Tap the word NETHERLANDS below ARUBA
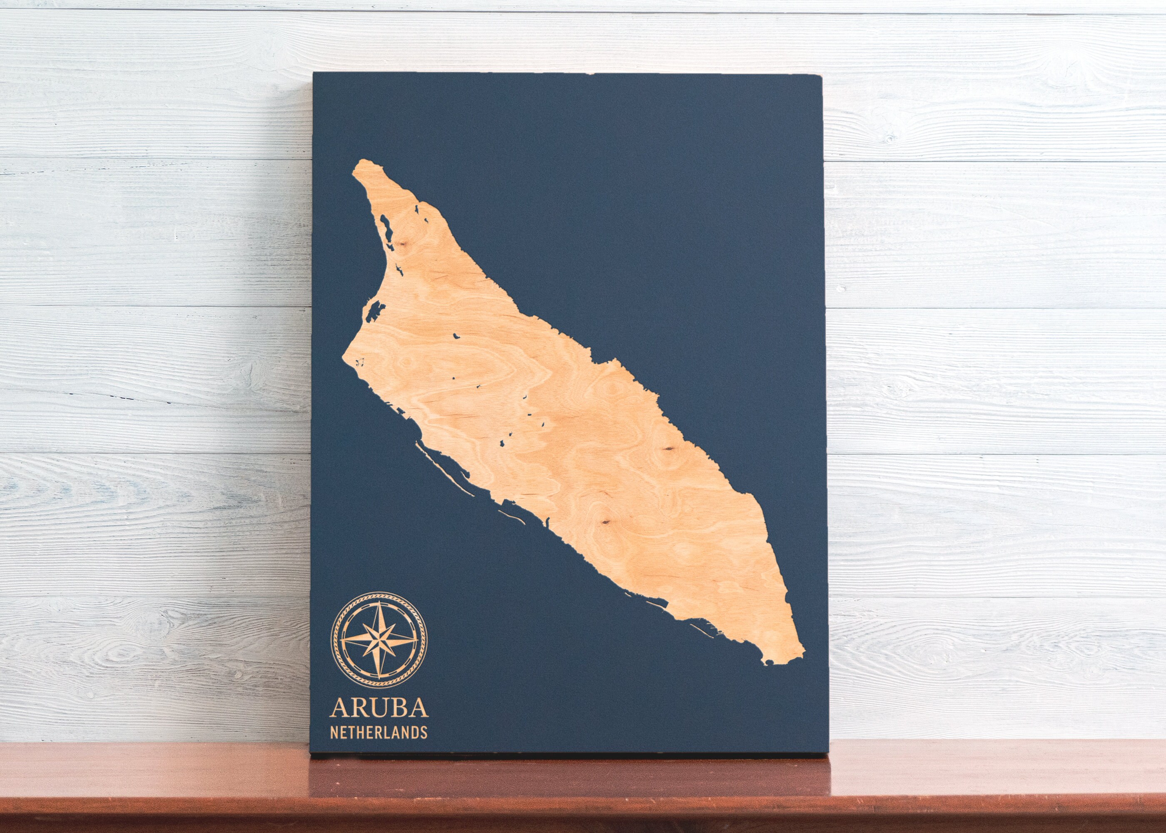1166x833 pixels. click(379, 732)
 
